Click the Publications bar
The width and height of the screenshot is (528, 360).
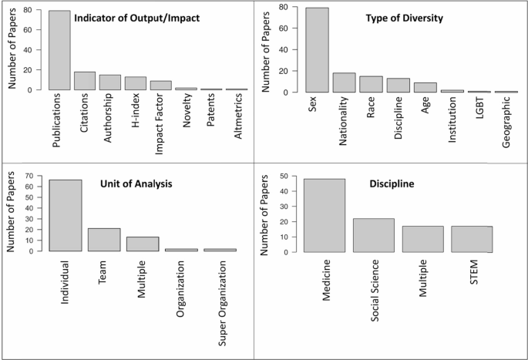(59, 50)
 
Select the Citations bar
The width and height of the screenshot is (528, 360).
(85, 81)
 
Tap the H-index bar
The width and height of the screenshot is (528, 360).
(136, 83)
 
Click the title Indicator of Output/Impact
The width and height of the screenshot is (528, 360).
(136, 18)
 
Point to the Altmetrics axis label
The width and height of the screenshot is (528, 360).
(238, 116)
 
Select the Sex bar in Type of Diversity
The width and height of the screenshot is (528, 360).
(318, 50)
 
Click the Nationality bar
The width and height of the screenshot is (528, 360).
(344, 82)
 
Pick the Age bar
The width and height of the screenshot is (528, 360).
(425, 88)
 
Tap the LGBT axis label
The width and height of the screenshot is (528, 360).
(480, 108)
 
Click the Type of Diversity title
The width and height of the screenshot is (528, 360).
(405, 18)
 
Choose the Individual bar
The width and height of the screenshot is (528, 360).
(66, 216)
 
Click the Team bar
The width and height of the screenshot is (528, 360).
(104, 240)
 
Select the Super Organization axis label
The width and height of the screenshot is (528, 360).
(222, 304)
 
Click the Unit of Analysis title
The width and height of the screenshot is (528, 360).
(136, 183)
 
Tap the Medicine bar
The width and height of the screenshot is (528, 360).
(325, 216)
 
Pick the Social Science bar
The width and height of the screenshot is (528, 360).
(374, 235)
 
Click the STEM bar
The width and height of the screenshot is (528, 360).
(472, 239)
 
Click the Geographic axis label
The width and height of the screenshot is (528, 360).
(506, 123)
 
